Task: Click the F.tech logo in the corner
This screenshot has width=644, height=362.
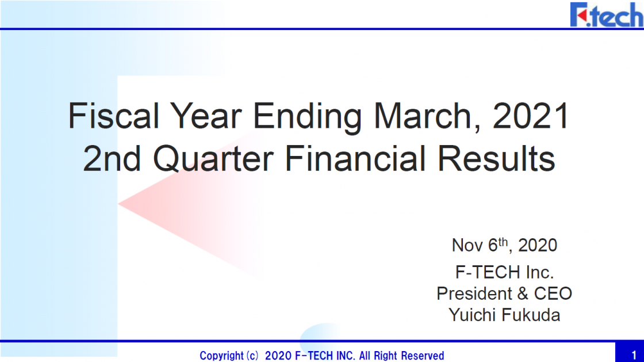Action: pos(606,15)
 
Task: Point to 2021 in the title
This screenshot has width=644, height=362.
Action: pos(531,116)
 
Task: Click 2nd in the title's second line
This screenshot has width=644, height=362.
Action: pos(112,159)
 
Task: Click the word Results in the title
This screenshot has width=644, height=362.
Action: pos(496,159)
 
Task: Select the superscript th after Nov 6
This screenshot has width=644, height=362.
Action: pos(503,242)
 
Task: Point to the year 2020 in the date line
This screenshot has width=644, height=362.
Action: pos(537,245)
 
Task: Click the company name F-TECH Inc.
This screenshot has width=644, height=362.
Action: pos(504,272)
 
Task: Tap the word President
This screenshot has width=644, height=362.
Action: pos(474,294)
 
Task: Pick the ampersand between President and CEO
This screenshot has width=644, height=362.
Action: pos(523,294)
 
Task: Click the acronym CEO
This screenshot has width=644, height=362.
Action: pos(553,294)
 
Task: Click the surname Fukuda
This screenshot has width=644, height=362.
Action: pos(531,315)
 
